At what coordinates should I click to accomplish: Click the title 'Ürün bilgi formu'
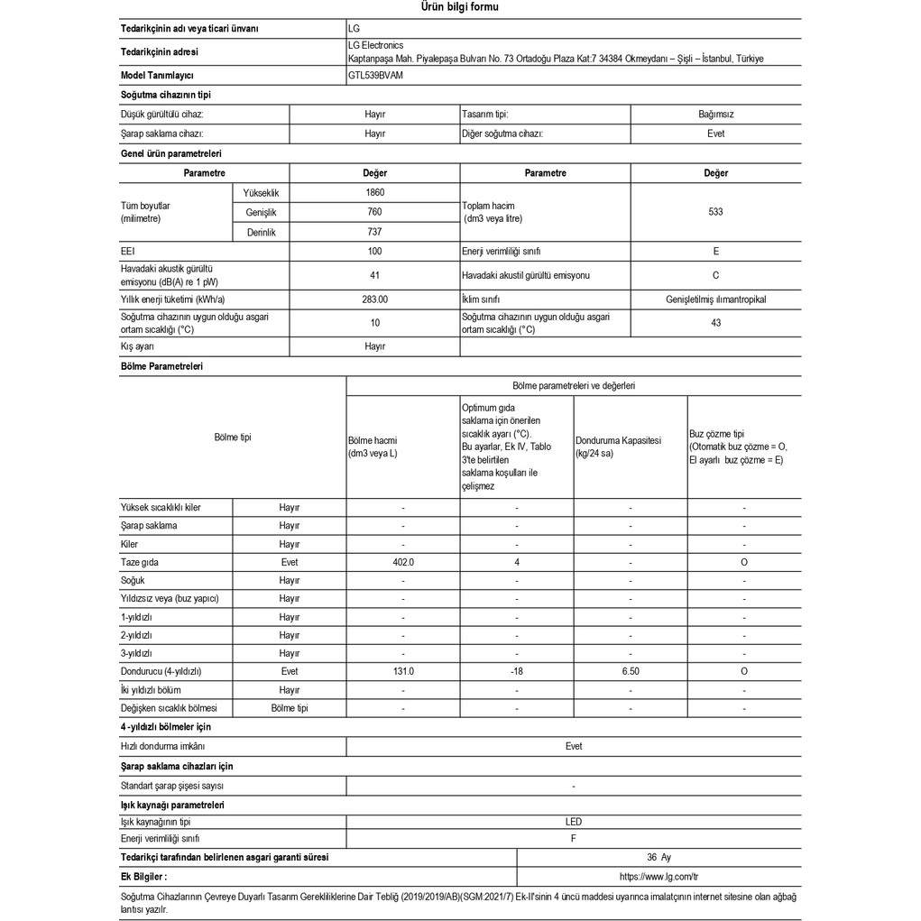460,7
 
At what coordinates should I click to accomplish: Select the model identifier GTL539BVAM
375,76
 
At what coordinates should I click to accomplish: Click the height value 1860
375,192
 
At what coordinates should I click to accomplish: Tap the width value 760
375,212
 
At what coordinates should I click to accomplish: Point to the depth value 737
375,232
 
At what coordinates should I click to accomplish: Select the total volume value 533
715,212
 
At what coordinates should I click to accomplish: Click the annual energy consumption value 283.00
375,299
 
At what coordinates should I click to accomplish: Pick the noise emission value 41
375,275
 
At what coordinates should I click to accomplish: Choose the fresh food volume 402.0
402,562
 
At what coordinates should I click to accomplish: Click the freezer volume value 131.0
402,671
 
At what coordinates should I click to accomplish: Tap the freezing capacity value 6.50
630,671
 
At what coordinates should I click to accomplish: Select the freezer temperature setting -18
516,671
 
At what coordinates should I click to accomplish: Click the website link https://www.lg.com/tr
659,876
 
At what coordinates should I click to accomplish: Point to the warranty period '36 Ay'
659,857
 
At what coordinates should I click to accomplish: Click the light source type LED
574,822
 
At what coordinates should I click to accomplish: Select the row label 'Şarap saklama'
149,525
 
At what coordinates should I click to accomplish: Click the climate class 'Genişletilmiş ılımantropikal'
715,299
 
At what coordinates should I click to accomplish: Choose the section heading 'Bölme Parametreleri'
161,366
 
